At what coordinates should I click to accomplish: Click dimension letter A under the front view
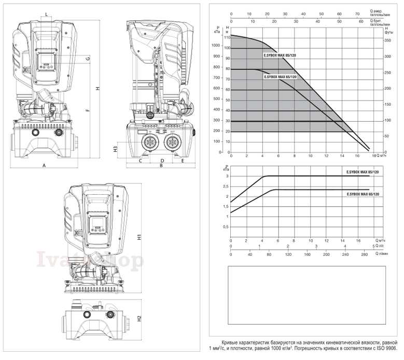(45, 165)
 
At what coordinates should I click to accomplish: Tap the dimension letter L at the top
(47, 13)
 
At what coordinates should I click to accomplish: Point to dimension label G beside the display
(89, 59)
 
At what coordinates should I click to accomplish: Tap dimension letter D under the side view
(162, 161)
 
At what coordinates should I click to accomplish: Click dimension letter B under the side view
(162, 166)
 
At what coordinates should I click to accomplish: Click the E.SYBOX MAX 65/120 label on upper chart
(280, 77)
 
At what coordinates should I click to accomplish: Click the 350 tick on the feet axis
(386, 40)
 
